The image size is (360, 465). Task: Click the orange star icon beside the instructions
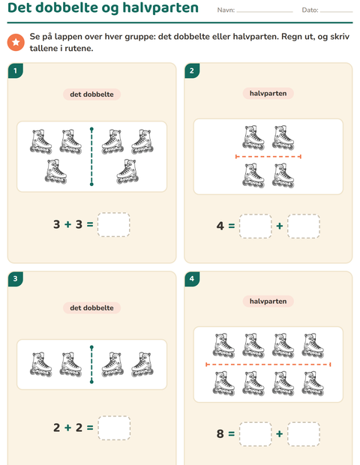click(16, 42)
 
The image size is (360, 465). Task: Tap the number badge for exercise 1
click(16, 71)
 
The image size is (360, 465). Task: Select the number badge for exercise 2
click(192, 70)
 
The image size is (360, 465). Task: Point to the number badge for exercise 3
click(16, 279)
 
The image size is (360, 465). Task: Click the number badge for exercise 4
click(192, 279)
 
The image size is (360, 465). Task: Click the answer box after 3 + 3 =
click(113, 224)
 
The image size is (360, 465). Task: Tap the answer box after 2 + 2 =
click(114, 428)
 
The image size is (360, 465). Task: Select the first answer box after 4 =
click(255, 226)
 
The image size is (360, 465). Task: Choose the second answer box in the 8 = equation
click(303, 434)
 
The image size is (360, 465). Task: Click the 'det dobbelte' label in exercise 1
click(91, 94)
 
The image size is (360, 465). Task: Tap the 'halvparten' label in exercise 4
click(268, 301)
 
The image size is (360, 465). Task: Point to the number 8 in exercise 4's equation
click(220, 433)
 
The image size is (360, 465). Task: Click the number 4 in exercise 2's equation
click(220, 226)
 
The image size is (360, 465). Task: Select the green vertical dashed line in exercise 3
click(91, 364)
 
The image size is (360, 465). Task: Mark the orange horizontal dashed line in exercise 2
click(268, 157)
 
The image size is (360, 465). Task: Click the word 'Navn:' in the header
click(226, 10)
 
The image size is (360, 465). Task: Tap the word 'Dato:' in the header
click(310, 10)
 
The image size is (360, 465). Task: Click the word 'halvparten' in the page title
click(160, 7)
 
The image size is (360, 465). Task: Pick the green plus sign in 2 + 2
click(68, 427)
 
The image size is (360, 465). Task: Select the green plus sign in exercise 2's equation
click(279, 226)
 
